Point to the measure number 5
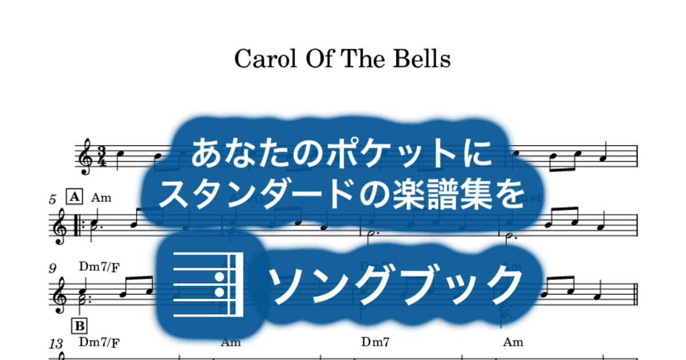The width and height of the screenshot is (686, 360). (x=53, y=200)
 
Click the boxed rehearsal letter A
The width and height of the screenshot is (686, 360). (x=74, y=198)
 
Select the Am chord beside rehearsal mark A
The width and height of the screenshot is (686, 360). (x=101, y=198)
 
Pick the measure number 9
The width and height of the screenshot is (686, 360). (x=53, y=267)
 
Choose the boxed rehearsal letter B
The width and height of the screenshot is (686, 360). (x=79, y=326)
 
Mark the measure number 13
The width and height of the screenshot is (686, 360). (x=56, y=343)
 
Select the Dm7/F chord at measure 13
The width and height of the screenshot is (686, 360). (x=99, y=343)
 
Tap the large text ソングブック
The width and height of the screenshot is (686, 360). (x=395, y=283)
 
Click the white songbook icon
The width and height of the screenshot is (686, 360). (x=208, y=284)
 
